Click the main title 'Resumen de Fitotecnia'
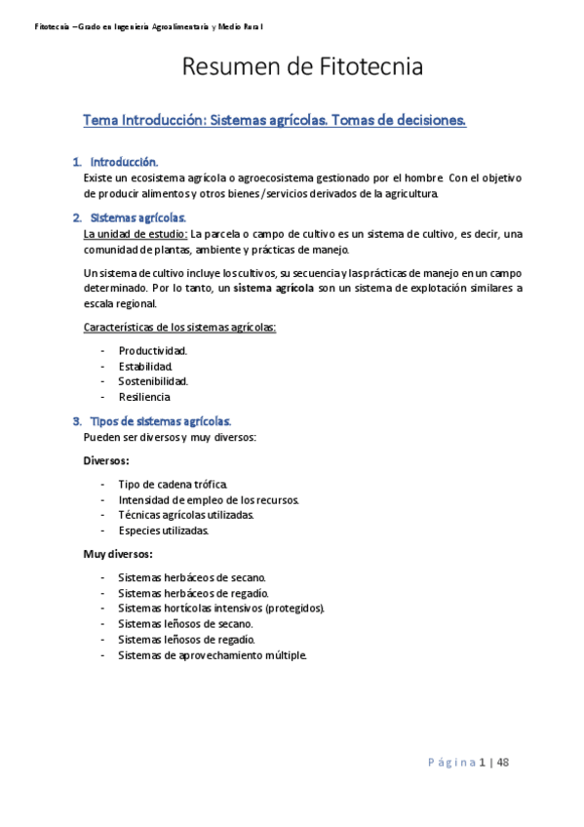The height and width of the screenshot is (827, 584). point(302,68)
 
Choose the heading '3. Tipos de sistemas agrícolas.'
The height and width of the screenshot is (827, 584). point(160,421)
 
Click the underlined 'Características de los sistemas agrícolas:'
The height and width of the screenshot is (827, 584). point(179,327)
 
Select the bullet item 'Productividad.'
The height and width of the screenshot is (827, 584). point(153,350)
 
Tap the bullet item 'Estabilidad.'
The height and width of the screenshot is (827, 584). point(146,366)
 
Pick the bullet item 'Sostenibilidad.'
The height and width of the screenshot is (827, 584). point(153,381)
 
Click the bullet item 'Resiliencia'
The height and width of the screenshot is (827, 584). point(144,397)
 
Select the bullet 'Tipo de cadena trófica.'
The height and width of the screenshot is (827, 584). point(174,485)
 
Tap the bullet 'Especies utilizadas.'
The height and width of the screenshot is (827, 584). point(163,531)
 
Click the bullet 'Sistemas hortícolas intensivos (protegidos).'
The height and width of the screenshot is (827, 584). point(221,609)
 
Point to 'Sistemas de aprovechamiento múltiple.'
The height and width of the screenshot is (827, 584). point(213,655)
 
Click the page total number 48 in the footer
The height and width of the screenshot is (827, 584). point(502,763)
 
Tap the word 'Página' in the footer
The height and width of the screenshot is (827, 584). point(450,763)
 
